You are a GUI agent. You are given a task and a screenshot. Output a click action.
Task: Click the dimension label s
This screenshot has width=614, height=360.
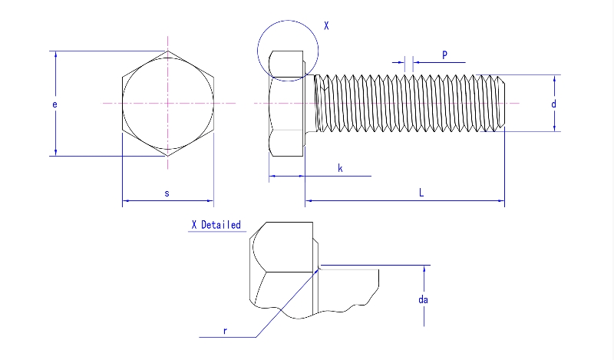click(x=167, y=193)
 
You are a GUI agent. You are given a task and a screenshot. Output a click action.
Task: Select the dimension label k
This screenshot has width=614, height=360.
click(x=340, y=167)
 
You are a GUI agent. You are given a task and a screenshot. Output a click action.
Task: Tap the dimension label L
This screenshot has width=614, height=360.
click(x=421, y=193)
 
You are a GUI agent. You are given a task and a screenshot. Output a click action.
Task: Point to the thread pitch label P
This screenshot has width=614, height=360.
click(x=444, y=54)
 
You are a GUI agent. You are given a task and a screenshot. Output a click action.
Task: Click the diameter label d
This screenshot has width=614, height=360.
click(x=553, y=104)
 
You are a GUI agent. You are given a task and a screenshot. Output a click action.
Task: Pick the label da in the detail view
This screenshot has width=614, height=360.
click(x=422, y=299)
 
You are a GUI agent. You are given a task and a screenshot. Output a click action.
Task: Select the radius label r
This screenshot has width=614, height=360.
click(x=225, y=330)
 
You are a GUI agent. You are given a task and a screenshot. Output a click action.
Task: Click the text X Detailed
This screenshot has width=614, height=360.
click(x=216, y=225)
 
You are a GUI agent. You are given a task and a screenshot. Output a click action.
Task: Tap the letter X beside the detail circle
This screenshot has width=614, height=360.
click(x=325, y=25)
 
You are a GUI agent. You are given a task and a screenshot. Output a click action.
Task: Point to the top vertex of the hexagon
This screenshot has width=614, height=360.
click(x=168, y=51)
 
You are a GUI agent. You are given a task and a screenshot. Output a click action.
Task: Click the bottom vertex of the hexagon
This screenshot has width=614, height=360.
click(x=168, y=157)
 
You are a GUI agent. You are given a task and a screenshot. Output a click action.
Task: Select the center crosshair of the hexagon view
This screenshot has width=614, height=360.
click(x=168, y=103)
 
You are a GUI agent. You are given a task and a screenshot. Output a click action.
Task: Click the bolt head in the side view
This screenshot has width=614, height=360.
click(x=286, y=104)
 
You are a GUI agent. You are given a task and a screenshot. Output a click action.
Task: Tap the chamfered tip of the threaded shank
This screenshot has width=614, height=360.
click(x=500, y=103)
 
